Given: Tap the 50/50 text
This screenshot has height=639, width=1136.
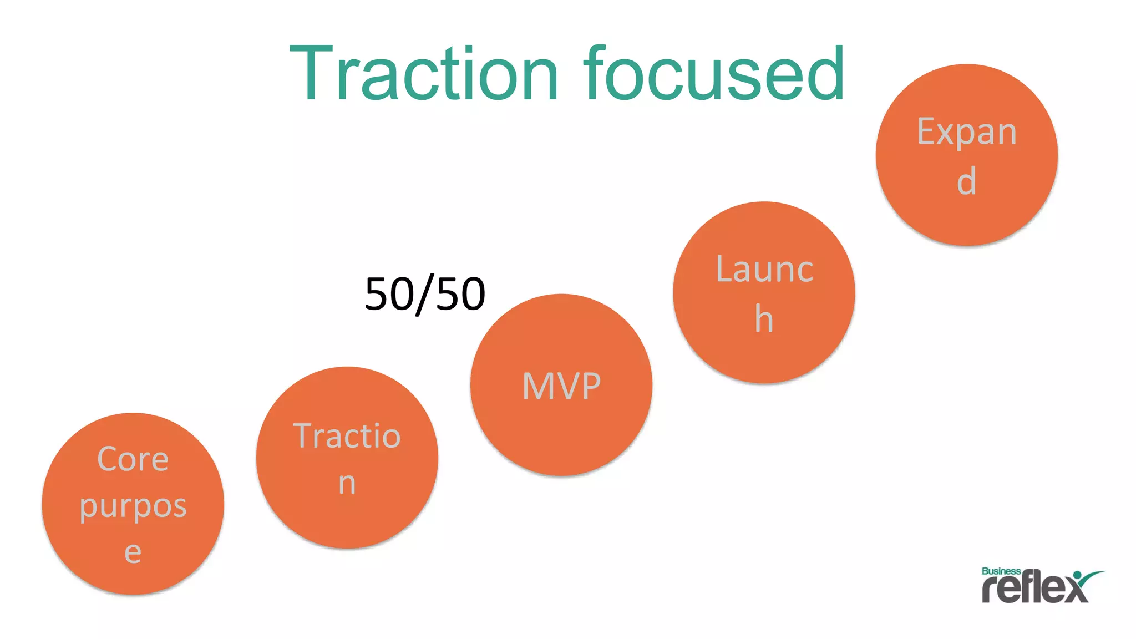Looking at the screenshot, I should tap(425, 294).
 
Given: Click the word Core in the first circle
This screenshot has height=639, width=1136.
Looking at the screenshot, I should tap(133, 459).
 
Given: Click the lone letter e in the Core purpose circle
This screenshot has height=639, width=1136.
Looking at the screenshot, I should tap(133, 552).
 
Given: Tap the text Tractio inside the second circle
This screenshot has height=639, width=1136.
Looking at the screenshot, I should tap(347, 436).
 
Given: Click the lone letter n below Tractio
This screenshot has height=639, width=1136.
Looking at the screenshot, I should tap(347, 483).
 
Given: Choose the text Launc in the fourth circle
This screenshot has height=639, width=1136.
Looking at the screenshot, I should tap(764, 270).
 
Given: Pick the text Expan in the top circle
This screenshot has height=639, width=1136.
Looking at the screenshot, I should tap(967, 132).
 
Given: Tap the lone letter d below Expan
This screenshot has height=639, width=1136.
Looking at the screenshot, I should tap(967, 181).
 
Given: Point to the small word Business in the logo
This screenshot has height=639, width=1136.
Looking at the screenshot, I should tap(1001, 571).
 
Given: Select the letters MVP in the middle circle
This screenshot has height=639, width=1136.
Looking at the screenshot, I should tap(561, 386).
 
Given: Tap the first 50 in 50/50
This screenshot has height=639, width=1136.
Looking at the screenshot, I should tap(388, 294).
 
